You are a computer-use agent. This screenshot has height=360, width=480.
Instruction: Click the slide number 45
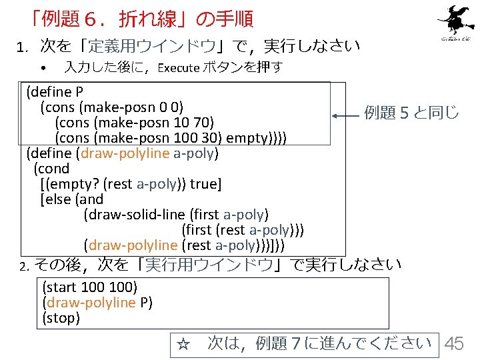tap(454, 343)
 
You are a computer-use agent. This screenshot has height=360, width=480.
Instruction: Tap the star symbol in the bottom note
tap(183, 345)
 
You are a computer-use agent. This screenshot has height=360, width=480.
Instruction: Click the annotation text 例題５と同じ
tap(411, 112)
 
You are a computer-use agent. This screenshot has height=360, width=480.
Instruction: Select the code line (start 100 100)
tap(89, 287)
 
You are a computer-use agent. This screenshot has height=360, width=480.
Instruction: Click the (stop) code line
tap(61, 318)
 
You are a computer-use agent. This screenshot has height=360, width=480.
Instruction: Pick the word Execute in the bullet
tap(178, 67)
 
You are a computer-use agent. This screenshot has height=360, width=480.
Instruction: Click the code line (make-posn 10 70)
tap(134, 122)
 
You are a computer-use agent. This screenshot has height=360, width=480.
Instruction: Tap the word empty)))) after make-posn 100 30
tap(257, 138)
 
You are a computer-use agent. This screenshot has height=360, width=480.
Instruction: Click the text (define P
tap(54, 91)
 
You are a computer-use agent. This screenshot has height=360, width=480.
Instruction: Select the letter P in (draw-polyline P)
tap(143, 303)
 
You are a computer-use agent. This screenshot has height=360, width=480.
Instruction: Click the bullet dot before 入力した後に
tap(42, 68)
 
